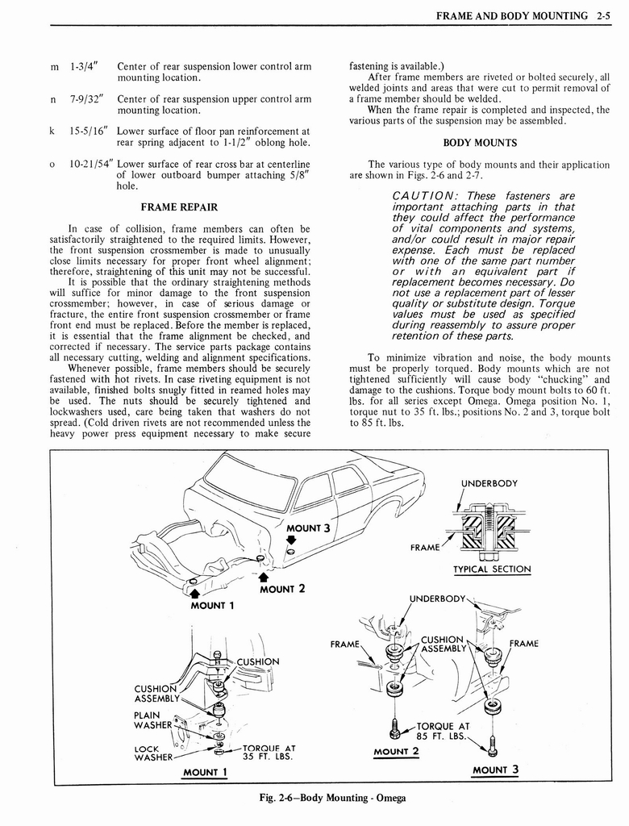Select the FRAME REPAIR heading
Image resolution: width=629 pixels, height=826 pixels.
[x=181, y=206]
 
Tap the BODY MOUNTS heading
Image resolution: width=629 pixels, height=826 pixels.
[x=480, y=143]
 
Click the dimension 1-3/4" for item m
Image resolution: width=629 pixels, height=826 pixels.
[x=84, y=66]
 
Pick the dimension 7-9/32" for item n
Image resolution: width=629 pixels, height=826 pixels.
[x=86, y=98]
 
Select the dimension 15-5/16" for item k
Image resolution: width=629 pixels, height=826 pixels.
[x=89, y=131]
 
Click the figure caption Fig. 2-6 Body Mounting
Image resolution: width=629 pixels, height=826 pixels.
[x=327, y=798]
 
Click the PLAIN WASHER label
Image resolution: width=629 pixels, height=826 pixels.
[x=153, y=720]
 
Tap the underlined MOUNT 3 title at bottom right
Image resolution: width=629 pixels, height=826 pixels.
[x=495, y=770]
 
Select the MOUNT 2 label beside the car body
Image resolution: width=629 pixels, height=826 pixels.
[x=281, y=588]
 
